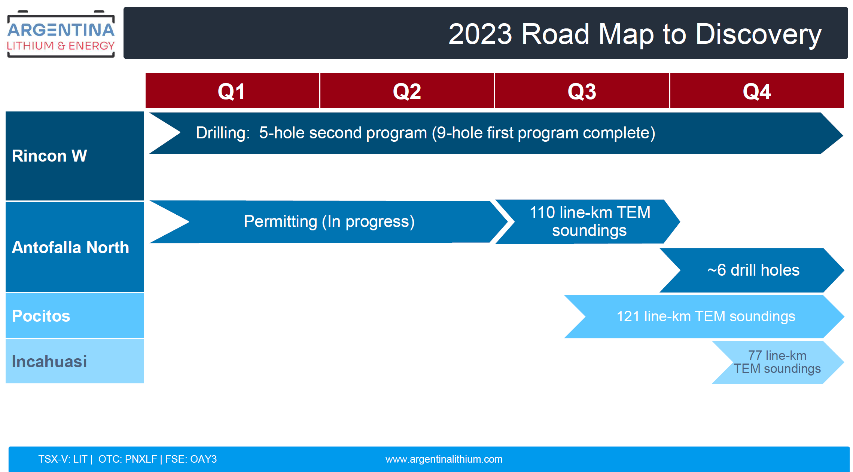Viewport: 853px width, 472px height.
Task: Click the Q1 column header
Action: (232, 91)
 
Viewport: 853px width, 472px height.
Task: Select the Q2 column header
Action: (407, 91)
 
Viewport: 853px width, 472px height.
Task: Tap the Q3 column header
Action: (582, 91)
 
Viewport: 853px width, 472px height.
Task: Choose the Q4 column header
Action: (757, 91)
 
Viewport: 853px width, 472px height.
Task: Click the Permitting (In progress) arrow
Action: (329, 222)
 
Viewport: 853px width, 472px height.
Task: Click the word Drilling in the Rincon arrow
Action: (223, 133)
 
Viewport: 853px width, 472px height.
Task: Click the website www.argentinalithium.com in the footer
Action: (444, 459)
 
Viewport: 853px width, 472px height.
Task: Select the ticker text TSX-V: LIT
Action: (63, 459)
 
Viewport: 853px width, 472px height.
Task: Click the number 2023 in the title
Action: (480, 34)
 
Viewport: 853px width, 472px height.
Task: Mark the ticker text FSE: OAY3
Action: (191, 459)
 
